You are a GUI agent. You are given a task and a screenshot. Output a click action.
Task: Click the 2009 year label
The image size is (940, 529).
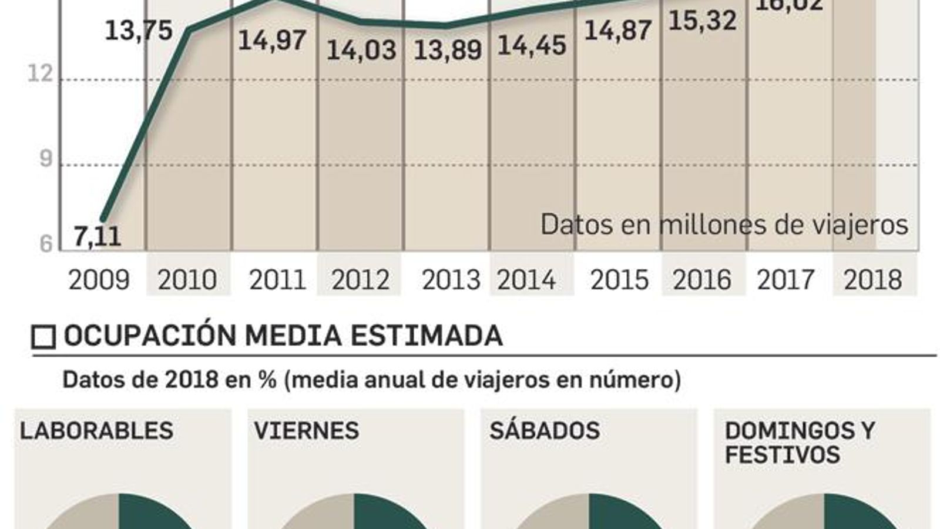tap(99, 280)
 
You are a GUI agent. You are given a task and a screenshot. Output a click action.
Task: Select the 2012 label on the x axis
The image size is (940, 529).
tap(360, 280)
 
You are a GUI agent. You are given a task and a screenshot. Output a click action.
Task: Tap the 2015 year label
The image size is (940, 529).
tap(619, 280)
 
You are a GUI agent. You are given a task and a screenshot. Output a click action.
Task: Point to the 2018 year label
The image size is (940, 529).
tap(872, 280)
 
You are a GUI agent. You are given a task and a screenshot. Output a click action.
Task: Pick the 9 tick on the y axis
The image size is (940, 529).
tap(45, 159)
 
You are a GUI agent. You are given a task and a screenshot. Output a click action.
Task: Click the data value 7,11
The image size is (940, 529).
tap(98, 236)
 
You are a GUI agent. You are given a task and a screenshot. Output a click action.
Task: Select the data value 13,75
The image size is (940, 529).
tap(139, 31)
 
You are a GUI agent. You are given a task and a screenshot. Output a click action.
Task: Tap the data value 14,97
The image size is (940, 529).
tap(272, 41)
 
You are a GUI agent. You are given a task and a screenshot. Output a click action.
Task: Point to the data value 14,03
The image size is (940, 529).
tap(361, 50)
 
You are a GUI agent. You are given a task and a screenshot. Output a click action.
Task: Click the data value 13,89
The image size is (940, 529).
tap(448, 50)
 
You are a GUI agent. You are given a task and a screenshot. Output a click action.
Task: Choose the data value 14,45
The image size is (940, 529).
tap(532, 45)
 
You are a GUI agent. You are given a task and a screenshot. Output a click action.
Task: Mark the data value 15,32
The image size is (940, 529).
tap(703, 21)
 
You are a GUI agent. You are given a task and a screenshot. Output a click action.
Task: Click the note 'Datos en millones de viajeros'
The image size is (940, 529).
tap(724, 225)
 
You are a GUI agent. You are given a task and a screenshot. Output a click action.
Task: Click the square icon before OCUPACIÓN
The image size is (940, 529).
tap(43, 337)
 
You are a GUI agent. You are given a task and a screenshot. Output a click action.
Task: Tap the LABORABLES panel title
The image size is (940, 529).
tap(96, 431)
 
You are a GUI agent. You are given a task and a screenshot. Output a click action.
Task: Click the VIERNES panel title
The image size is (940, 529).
tap(306, 431)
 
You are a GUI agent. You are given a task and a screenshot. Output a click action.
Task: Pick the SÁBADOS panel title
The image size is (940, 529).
tap(545, 431)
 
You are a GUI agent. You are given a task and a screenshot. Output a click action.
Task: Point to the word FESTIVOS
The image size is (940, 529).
tap(782, 455)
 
